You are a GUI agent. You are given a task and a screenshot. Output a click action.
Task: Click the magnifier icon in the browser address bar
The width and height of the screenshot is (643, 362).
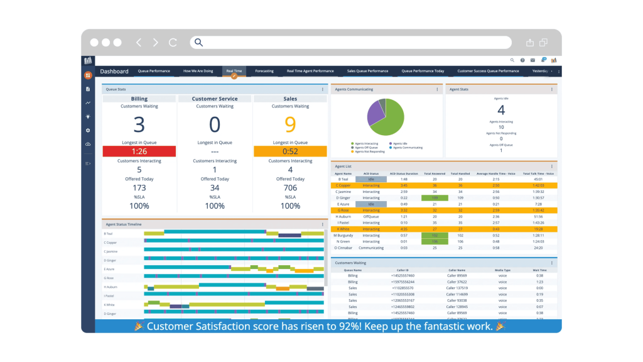(x=198, y=43)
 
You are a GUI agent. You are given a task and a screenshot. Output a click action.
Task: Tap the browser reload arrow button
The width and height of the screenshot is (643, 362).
(x=173, y=43)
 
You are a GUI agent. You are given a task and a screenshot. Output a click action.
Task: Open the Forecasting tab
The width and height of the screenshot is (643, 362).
(x=264, y=71)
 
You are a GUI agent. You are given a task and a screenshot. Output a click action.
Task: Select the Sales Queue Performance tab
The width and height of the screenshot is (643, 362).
(x=368, y=71)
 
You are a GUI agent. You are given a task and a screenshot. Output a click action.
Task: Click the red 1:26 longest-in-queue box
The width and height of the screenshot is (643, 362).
(x=139, y=151)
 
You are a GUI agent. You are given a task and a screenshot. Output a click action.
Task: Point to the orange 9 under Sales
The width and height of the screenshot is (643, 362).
(x=290, y=125)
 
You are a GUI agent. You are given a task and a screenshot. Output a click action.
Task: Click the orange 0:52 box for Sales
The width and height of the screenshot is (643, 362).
(x=290, y=151)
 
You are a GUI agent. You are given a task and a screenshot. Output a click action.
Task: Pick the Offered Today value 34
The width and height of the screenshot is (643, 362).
(x=215, y=188)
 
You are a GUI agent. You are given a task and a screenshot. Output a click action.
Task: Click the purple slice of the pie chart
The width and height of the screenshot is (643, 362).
(x=375, y=112)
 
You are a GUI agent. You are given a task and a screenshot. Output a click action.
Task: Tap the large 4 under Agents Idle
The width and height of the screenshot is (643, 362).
(x=501, y=111)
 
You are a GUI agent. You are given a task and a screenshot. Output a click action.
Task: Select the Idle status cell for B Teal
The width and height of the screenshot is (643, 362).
(x=371, y=179)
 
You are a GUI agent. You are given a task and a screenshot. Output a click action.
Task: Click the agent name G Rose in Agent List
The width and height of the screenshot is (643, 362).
(x=343, y=210)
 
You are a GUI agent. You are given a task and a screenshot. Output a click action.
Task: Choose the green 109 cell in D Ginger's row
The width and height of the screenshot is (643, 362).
(x=435, y=198)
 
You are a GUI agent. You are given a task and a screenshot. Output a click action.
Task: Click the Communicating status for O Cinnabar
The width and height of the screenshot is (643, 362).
(x=371, y=248)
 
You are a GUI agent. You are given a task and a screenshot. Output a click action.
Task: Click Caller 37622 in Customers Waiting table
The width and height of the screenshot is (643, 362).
(x=457, y=282)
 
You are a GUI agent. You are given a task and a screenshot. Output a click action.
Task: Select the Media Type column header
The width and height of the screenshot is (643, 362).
(x=503, y=270)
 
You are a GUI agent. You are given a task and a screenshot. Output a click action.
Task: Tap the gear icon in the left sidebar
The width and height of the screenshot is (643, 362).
(x=88, y=130)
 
